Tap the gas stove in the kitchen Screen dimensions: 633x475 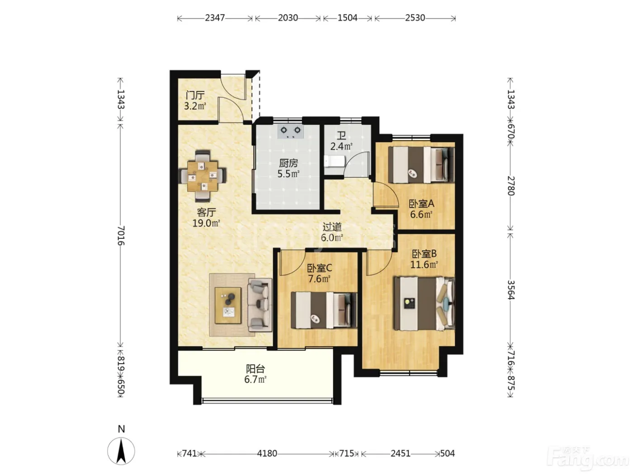point(290,132)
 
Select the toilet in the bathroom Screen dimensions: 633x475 point(334,161)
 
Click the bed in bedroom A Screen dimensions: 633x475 point(421,165)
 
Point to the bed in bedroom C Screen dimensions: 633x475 point(324,310)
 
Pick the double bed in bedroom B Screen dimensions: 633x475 point(424,304)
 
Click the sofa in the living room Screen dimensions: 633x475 point(260,304)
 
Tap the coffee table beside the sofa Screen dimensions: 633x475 point(228,305)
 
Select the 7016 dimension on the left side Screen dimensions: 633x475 point(121,236)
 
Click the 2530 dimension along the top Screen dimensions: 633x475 point(415,18)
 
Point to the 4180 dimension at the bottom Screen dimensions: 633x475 point(267,453)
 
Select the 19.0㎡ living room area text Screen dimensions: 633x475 point(206,223)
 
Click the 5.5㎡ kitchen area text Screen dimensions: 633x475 point(288,174)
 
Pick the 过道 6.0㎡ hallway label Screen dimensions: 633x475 point(332,232)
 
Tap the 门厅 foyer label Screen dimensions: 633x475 point(195,95)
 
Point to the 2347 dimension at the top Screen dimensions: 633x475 point(215,18)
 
